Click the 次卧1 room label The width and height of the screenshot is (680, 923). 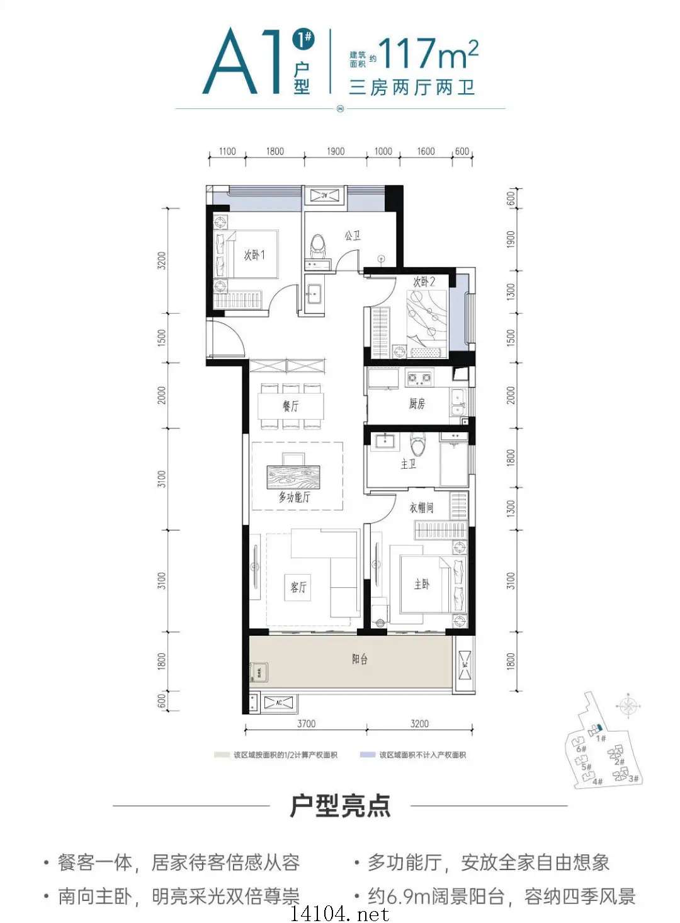point(254,255)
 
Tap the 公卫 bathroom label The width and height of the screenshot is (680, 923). point(353,236)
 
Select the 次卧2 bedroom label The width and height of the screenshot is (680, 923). point(424,282)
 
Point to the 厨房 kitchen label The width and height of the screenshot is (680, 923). point(417,404)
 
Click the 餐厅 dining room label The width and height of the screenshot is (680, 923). point(290,406)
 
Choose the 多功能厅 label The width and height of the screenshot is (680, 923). point(295,497)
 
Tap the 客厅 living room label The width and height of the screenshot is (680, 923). point(298,587)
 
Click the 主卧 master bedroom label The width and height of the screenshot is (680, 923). point(422,584)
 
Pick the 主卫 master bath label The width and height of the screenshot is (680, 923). point(408,464)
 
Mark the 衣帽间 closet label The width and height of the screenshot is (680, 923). point(421,507)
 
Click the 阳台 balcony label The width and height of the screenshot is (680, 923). point(360,659)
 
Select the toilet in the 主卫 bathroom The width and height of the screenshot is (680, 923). point(417,445)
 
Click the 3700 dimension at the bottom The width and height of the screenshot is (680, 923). point(306,724)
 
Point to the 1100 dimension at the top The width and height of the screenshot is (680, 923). point(227,151)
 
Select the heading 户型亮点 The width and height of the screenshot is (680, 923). point(340,806)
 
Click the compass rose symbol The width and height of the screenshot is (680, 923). point(628,706)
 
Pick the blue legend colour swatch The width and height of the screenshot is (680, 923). point(368,755)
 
